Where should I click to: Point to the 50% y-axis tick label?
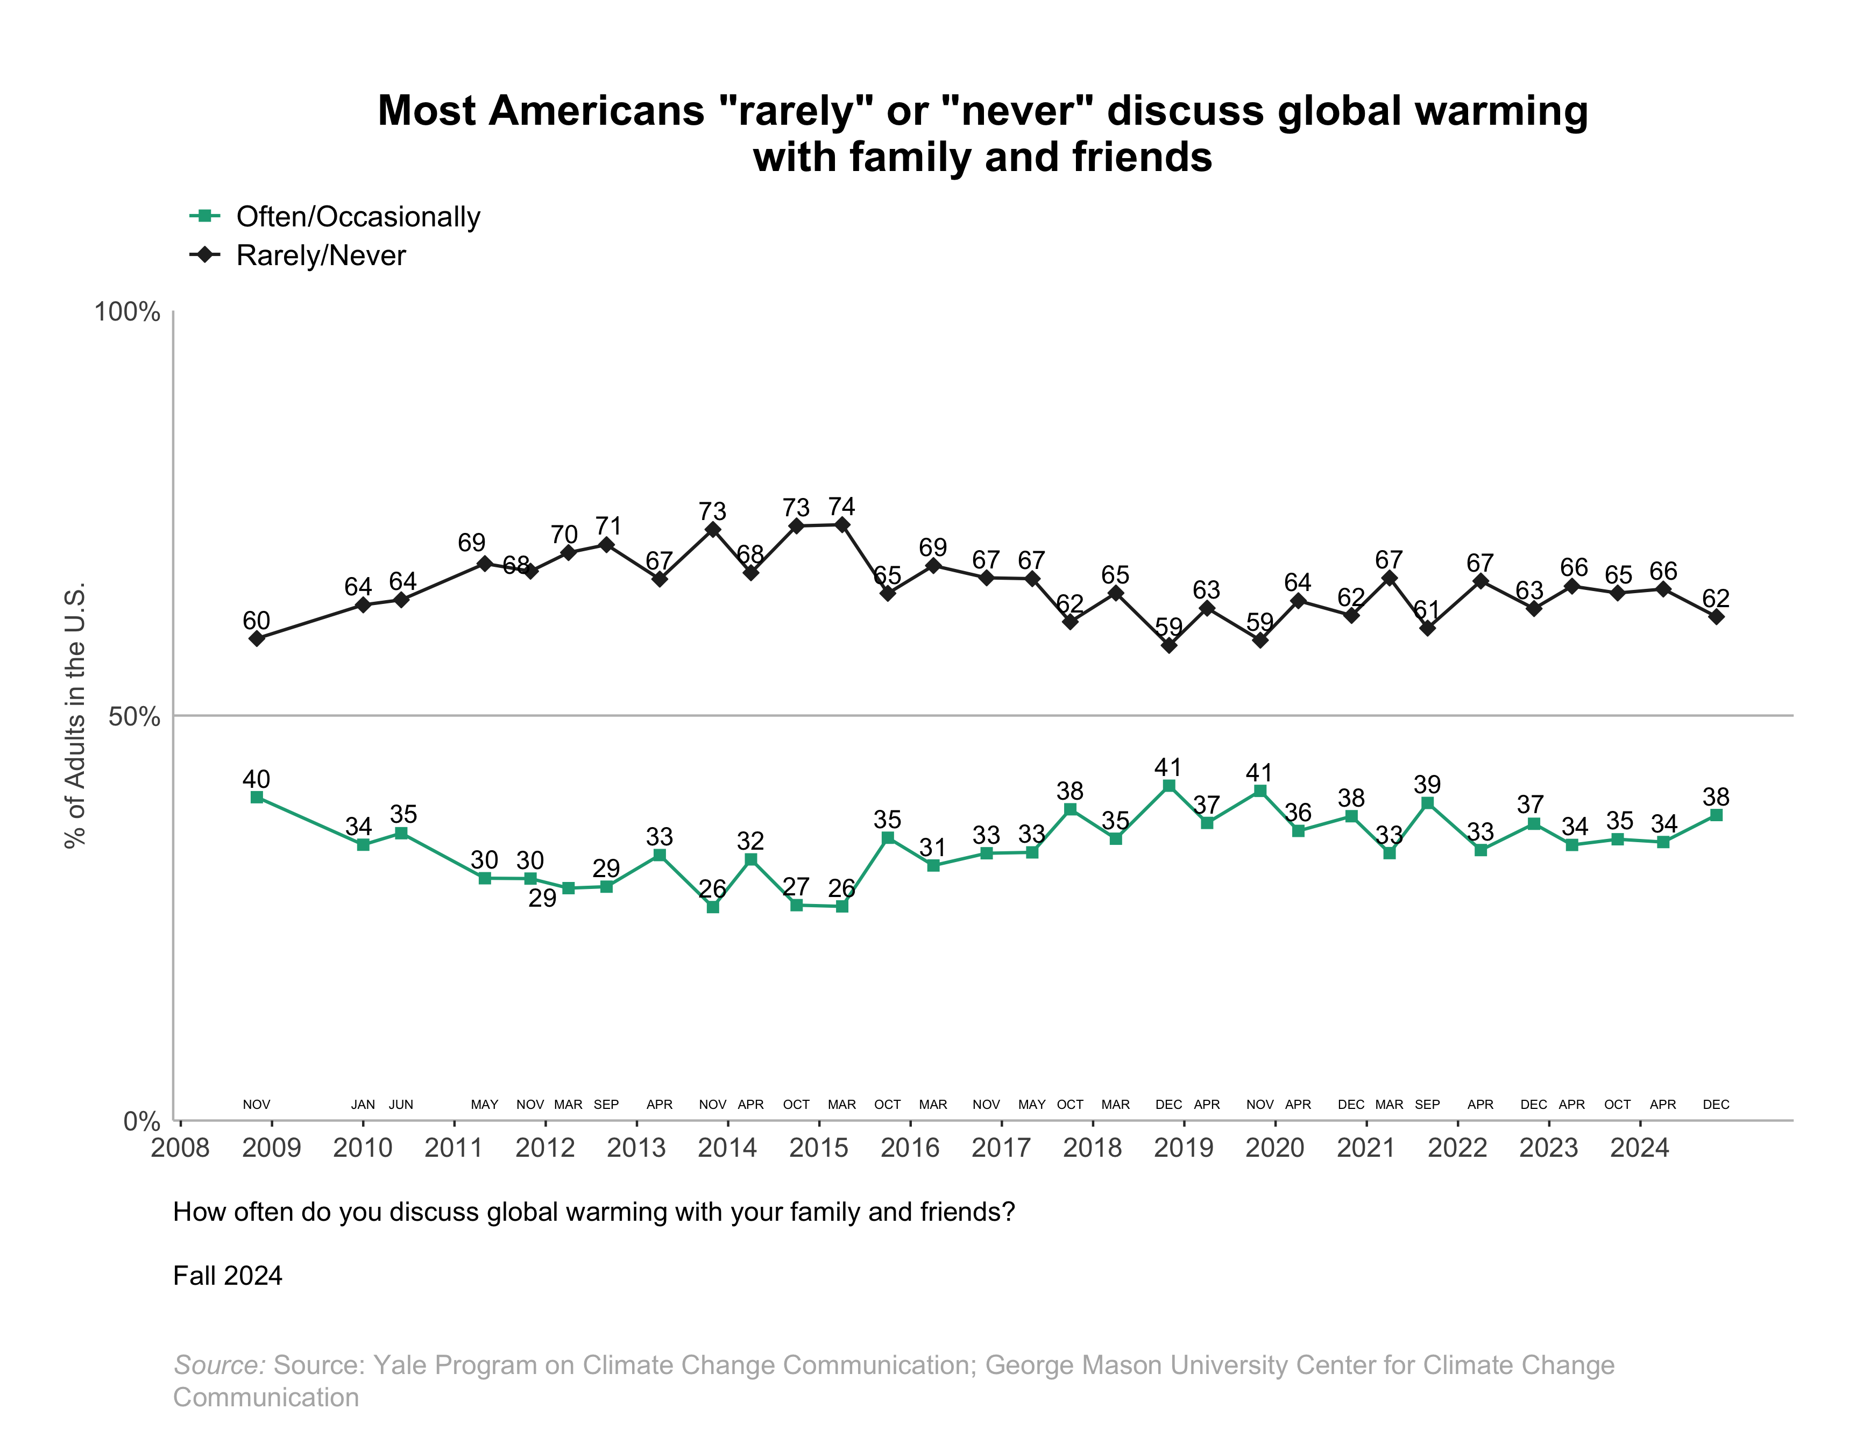[x=134, y=717]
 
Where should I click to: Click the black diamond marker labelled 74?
[x=842, y=524]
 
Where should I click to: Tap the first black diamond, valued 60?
[x=257, y=638]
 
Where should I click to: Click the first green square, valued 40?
[x=257, y=798]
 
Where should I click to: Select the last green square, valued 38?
[x=1716, y=815]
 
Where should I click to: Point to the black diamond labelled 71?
[x=606, y=544]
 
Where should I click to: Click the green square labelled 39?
[x=1427, y=803]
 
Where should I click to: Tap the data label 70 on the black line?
[x=564, y=535]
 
